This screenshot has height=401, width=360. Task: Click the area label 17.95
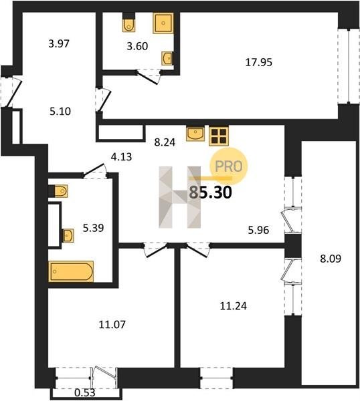click(x=258, y=62)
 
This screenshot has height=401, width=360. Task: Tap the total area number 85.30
click(x=211, y=192)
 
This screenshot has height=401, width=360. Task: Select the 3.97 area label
click(x=59, y=43)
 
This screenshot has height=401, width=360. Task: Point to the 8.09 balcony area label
click(x=331, y=259)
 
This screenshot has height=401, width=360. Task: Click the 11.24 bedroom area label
click(x=234, y=306)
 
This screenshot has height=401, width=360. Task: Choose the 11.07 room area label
click(x=112, y=325)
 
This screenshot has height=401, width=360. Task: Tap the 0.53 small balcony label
click(x=85, y=392)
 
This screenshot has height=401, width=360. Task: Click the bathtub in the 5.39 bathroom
click(x=71, y=271)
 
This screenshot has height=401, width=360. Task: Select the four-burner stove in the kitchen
click(x=219, y=136)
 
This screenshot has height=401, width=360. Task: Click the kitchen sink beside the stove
click(x=195, y=134)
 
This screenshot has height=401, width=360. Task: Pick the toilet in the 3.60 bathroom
click(x=128, y=22)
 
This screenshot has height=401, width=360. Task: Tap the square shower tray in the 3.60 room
click(x=163, y=23)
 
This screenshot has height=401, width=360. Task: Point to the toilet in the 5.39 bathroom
click(x=58, y=190)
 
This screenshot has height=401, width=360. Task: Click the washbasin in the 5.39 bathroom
click(x=68, y=235)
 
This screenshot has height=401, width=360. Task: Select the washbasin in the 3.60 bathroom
click(x=167, y=58)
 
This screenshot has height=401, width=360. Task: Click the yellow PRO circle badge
click(x=229, y=166)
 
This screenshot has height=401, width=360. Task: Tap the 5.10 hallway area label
click(x=60, y=111)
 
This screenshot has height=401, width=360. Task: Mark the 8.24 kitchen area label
click(x=165, y=142)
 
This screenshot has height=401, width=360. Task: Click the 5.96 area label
click(x=258, y=230)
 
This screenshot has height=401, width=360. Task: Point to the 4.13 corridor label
click(x=121, y=156)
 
